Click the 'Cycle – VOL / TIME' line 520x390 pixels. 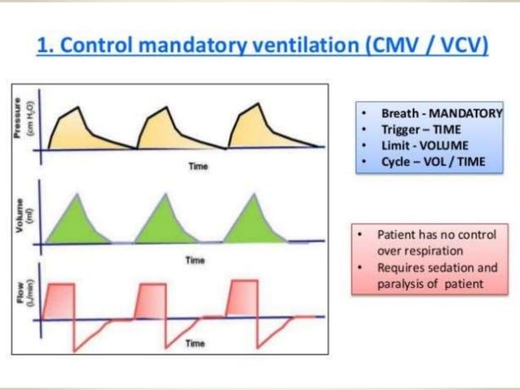(x=433, y=162)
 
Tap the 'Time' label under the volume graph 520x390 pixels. (x=193, y=260)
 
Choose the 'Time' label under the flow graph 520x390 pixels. (x=194, y=345)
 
